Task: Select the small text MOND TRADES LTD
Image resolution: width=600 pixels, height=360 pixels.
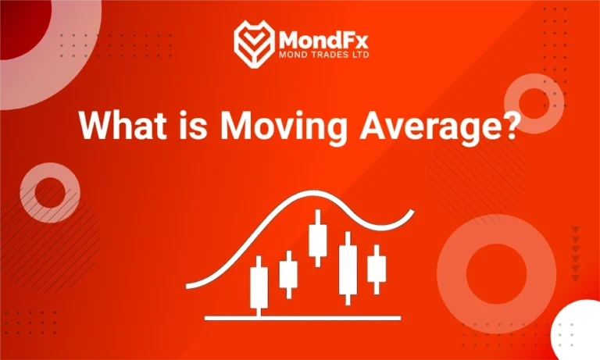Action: point(325,56)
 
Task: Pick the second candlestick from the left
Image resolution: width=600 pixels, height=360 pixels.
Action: point(288,274)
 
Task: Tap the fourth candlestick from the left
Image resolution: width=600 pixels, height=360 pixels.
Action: point(348,269)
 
